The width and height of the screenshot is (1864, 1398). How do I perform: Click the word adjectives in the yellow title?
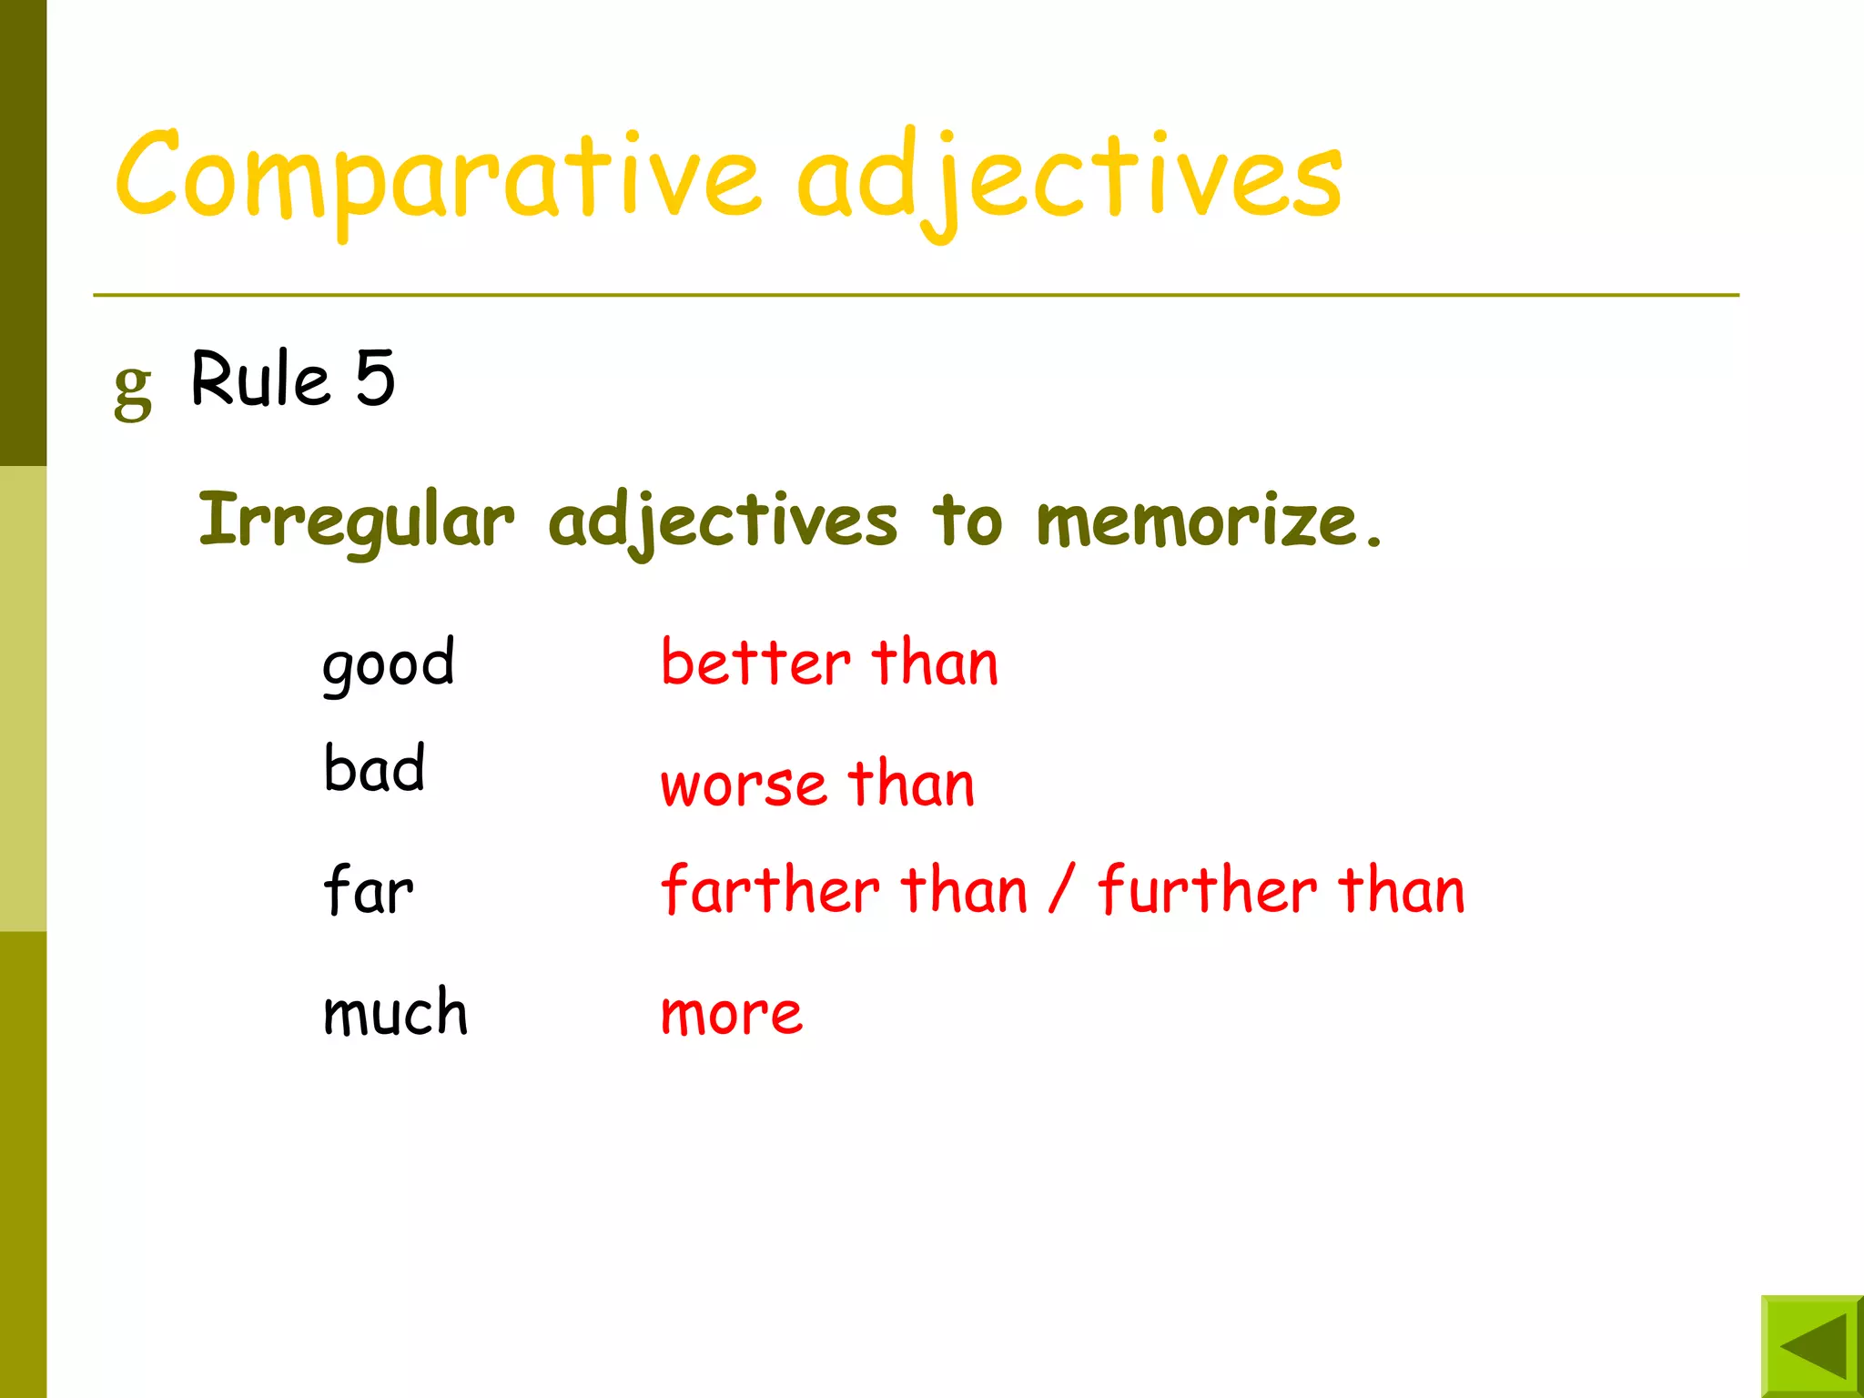1069,177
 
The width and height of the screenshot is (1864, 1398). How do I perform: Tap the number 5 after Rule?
375,378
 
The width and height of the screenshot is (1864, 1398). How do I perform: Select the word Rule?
260,378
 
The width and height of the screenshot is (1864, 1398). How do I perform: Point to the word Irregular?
356,521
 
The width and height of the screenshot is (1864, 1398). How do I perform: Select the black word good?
389,664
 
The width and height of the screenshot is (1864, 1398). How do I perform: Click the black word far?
369,890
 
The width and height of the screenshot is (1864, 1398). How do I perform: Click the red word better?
755,662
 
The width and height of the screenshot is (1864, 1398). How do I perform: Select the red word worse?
744,784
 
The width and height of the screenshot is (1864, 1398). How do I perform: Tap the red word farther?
770,889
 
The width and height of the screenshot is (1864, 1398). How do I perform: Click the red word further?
1207,889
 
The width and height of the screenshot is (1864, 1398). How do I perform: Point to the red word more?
732,1013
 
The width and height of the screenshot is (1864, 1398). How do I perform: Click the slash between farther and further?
1061,889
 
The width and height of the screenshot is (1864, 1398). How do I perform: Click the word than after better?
935,662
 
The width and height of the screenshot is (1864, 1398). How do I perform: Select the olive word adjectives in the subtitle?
723,521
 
